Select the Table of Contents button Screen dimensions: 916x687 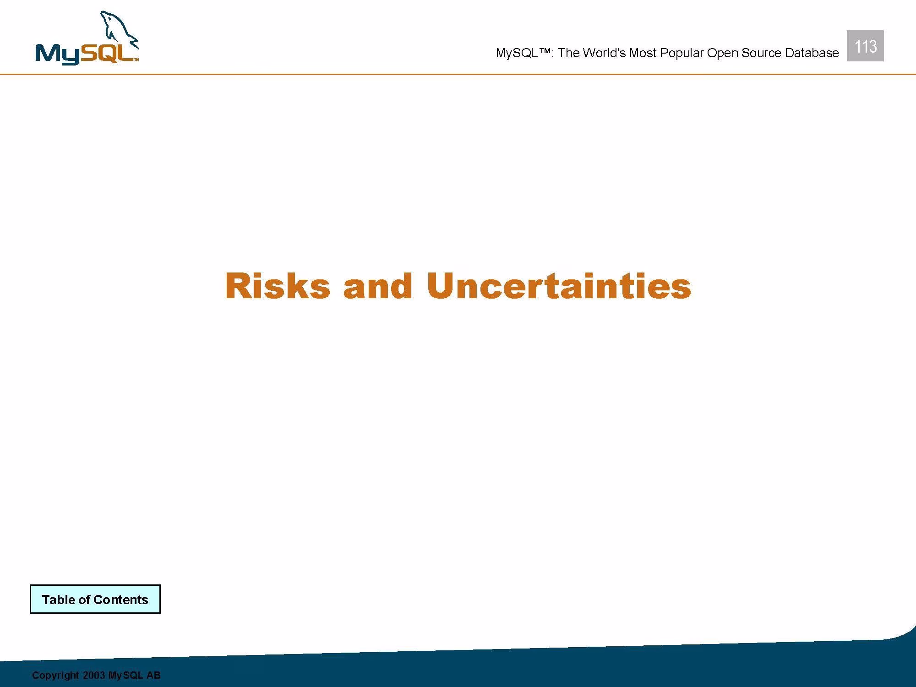[95, 599]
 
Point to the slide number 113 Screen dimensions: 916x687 [865, 46]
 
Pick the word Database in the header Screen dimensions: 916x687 [812, 53]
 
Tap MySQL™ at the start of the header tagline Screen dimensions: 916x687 [525, 53]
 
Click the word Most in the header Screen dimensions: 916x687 [643, 53]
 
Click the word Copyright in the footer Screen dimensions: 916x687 [55, 676]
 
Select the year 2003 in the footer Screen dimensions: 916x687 [94, 675]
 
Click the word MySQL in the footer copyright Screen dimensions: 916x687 [125, 676]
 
